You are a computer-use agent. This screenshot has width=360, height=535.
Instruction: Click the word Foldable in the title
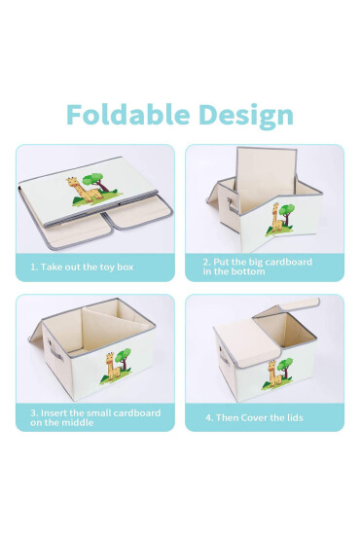tap(128, 115)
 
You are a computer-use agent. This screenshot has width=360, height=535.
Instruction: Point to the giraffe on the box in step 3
tap(113, 367)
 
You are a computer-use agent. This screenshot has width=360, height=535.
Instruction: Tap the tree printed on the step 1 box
tap(97, 182)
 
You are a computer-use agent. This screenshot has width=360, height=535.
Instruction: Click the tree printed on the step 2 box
tap(287, 214)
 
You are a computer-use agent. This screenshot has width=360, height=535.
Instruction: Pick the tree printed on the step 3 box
tap(124, 359)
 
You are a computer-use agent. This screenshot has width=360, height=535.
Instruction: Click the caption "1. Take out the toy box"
tap(82, 267)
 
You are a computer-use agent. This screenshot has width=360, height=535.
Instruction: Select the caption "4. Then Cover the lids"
tap(254, 417)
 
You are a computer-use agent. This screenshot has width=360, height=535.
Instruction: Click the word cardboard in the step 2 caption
tap(288, 262)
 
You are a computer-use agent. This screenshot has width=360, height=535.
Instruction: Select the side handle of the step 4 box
tap(224, 356)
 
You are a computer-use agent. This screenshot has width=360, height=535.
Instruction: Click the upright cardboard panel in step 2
tap(267, 179)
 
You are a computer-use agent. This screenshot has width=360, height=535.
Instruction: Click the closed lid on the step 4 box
tap(248, 343)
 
